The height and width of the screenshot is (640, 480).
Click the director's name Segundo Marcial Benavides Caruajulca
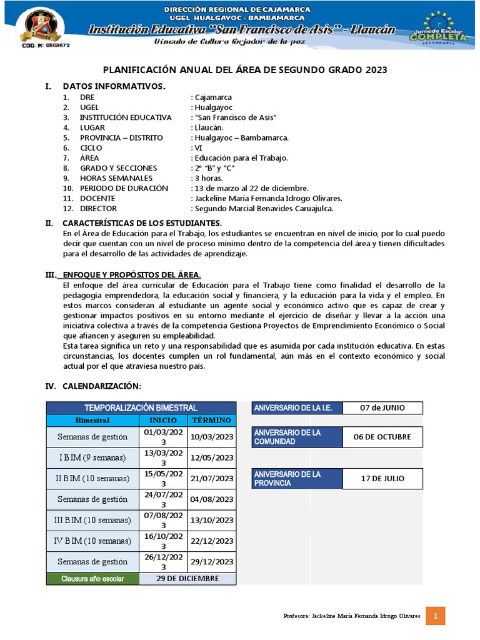point(264,208)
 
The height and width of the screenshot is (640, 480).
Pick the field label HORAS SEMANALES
point(116,178)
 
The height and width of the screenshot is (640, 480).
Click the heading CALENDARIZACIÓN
point(102,385)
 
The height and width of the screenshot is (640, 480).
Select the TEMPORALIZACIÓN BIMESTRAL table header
point(141,407)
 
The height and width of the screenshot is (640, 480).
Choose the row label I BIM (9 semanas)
point(92,457)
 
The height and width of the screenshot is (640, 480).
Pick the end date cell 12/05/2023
point(212,457)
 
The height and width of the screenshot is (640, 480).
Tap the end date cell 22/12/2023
point(212,541)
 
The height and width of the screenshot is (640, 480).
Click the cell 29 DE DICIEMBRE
point(187,578)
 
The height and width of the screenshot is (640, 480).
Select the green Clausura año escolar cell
point(92,578)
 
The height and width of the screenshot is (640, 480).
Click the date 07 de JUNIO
point(382,407)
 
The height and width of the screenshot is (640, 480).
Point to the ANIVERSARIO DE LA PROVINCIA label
point(296,479)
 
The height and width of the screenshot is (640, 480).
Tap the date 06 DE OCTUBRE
point(382,437)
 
